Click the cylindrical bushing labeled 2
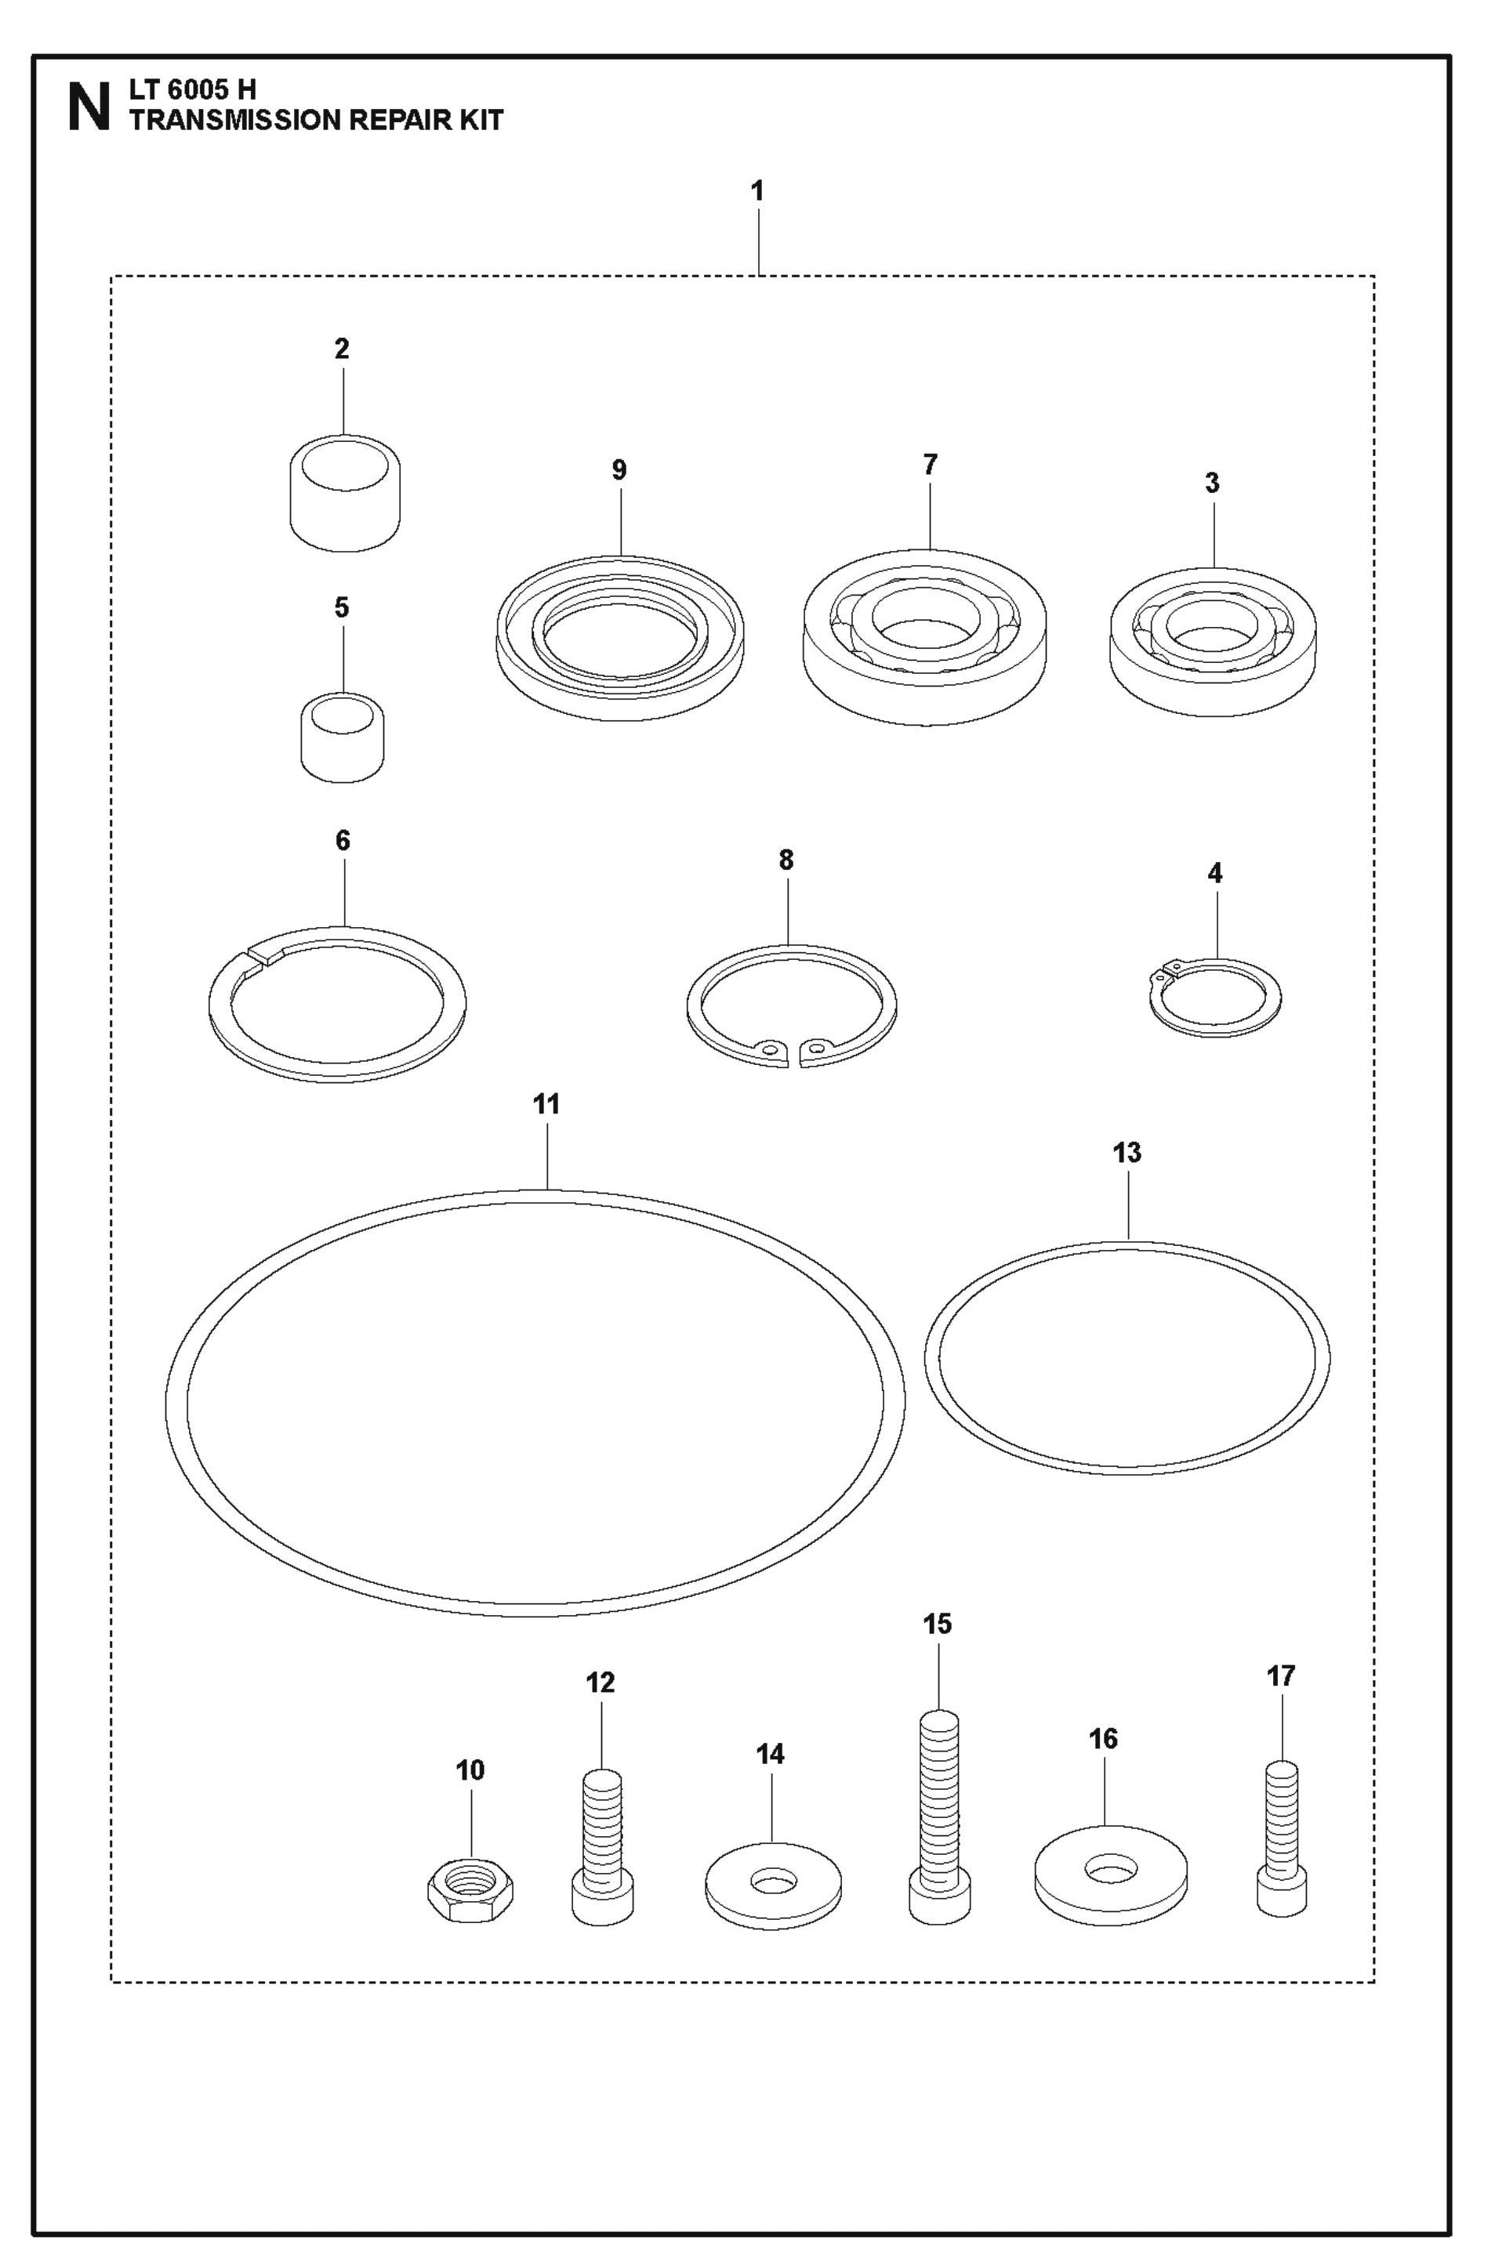point(344,494)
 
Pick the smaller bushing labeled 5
point(343,737)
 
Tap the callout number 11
point(546,1105)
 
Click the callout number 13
point(1126,1154)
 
